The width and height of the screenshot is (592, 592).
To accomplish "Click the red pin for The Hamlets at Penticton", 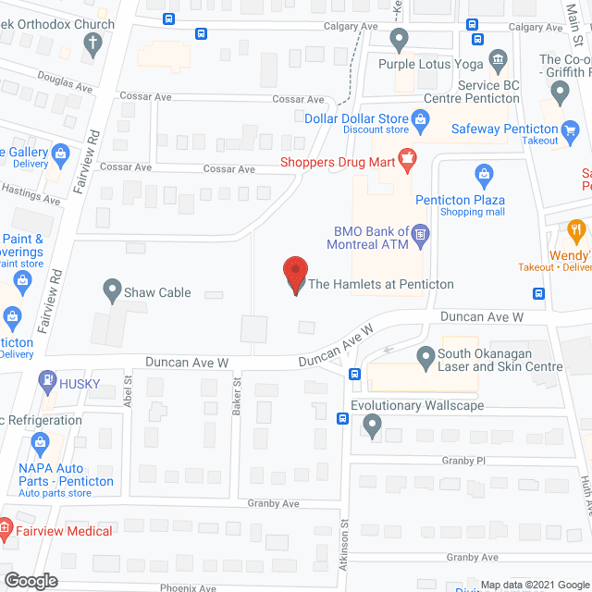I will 294,274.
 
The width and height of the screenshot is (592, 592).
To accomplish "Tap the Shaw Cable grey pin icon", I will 112,292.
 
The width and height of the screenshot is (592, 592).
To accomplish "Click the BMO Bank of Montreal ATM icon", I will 420,235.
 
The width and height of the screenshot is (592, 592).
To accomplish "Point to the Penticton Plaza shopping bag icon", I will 483,173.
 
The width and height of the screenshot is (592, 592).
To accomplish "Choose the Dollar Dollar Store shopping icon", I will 421,118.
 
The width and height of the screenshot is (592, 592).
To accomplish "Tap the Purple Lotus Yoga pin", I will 400,40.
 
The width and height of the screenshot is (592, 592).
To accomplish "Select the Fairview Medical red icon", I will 4,531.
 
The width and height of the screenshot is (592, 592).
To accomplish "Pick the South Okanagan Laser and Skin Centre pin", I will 425,355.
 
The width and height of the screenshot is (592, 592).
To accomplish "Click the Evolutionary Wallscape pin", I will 372,425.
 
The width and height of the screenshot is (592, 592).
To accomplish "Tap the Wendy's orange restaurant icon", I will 577,230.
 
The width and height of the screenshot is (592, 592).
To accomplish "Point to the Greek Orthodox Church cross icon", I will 92,42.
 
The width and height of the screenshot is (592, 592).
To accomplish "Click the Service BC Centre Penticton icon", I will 498,62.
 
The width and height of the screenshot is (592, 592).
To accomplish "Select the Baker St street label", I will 238,388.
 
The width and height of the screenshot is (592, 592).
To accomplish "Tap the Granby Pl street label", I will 462,460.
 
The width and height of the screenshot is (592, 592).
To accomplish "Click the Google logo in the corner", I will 30,580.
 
